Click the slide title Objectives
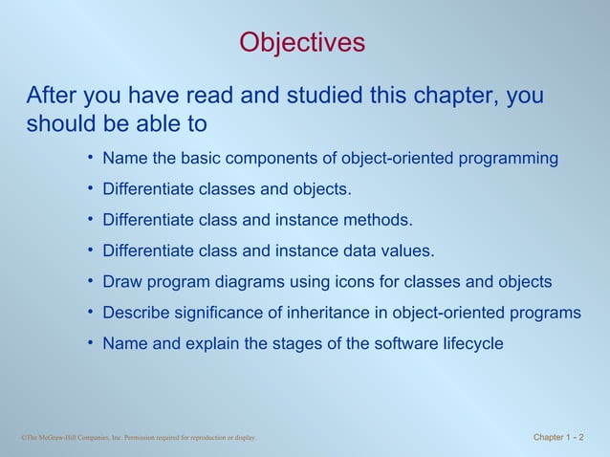302,43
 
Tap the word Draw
121,282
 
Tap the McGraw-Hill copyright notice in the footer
139,438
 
